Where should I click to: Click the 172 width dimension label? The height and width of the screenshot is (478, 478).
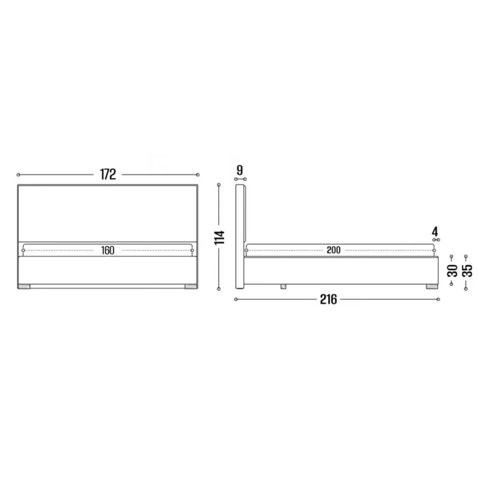tap(108, 174)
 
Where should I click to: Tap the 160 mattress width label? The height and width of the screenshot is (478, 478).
tap(108, 250)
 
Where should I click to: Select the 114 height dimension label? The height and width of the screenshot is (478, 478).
tap(220, 237)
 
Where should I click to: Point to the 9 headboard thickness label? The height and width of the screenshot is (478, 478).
tap(240, 170)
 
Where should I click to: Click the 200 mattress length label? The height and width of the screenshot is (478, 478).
tap(334, 250)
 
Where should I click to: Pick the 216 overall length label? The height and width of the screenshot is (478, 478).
tap(329, 300)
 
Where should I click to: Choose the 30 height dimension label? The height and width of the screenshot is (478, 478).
tap(452, 271)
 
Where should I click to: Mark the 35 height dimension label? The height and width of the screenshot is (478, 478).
tap(467, 271)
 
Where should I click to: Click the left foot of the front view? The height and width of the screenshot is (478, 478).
tap(24, 286)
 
